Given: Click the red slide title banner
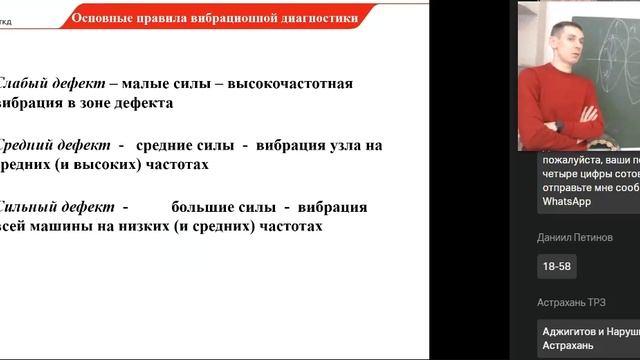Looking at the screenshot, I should (216, 18).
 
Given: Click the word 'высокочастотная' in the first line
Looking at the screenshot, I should (283, 84).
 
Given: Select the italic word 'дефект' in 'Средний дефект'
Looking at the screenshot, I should (80, 145).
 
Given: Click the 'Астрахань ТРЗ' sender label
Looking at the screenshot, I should (578, 302).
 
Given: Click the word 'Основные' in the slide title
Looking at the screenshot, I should (106, 18).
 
